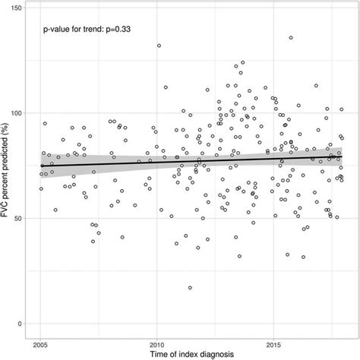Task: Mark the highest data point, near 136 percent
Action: coord(290,37)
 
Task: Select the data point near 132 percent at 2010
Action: coord(159,46)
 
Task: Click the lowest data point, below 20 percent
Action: coord(190,288)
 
